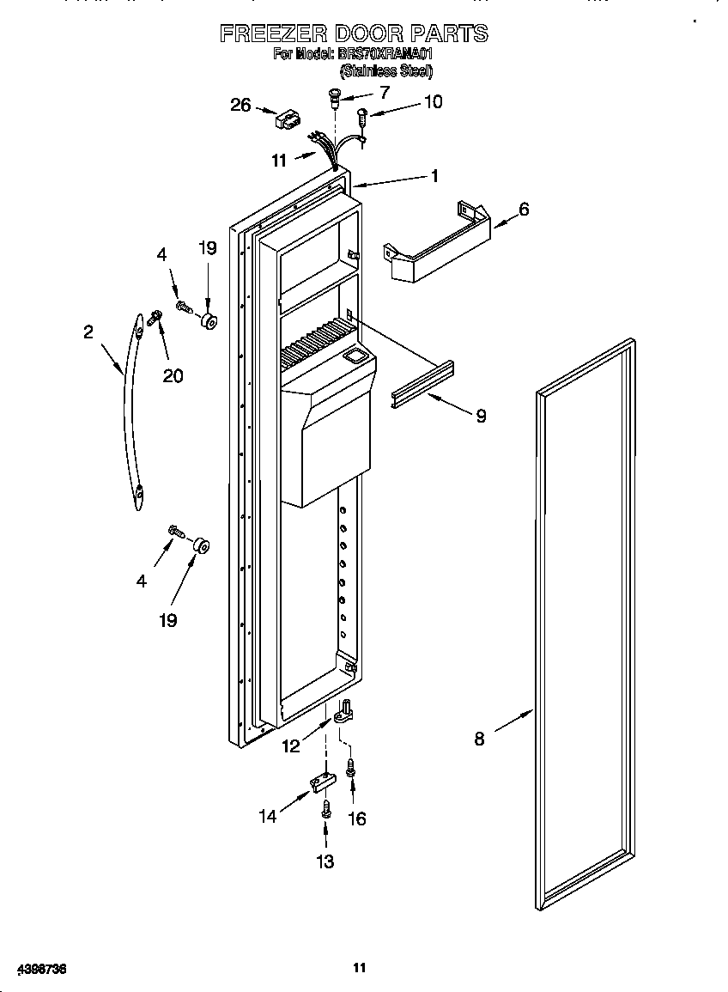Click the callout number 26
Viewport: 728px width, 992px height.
(241, 105)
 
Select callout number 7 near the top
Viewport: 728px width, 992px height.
(384, 92)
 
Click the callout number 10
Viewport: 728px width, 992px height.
(433, 102)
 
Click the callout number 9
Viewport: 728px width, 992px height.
(481, 416)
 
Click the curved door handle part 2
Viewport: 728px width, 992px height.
(129, 412)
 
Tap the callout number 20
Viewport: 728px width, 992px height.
(173, 375)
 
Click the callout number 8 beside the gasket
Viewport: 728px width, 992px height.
(479, 738)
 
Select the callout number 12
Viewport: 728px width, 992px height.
(291, 746)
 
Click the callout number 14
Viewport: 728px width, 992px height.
(269, 816)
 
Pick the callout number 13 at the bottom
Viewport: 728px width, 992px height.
(325, 861)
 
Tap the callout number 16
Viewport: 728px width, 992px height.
(355, 819)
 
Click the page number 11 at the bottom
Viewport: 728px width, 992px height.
(360, 968)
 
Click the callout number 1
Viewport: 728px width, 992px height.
(434, 176)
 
